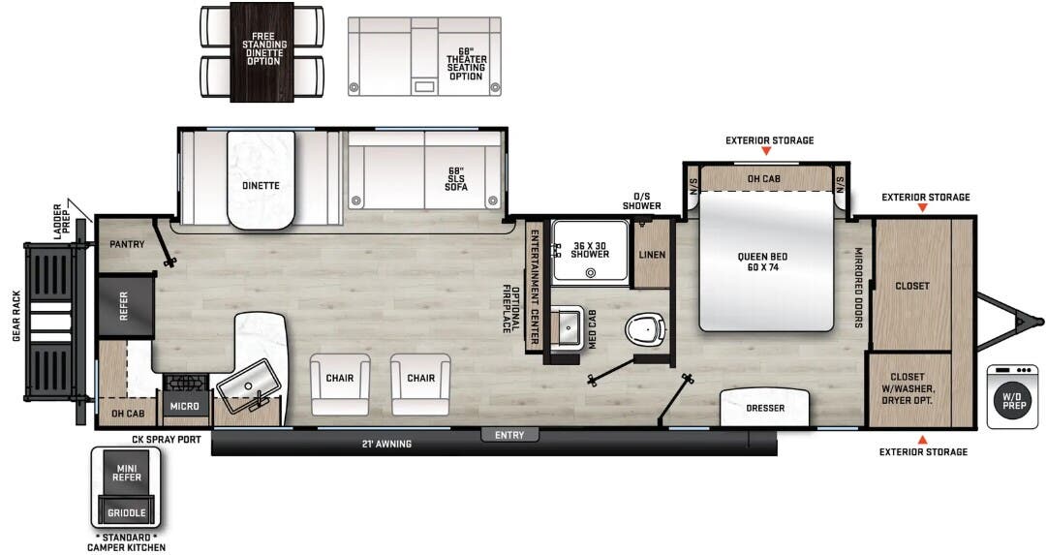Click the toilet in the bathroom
pyautogui.click(x=644, y=330)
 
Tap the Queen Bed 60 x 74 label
pyautogui.click(x=763, y=262)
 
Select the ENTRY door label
pyautogui.click(x=509, y=435)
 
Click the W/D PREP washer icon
pyautogui.click(x=1012, y=396)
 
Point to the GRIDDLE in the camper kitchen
pyautogui.click(x=127, y=512)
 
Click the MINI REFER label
pyautogui.click(x=127, y=474)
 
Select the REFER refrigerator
pyautogui.click(x=125, y=307)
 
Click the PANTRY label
pyautogui.click(x=127, y=245)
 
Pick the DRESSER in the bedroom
pyautogui.click(x=765, y=408)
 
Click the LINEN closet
pyautogui.click(x=653, y=255)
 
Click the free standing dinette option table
pyautogui.click(x=262, y=51)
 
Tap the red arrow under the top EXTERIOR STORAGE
pyautogui.click(x=766, y=152)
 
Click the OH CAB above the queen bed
pyautogui.click(x=765, y=178)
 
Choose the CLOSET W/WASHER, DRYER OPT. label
pyautogui.click(x=908, y=388)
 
